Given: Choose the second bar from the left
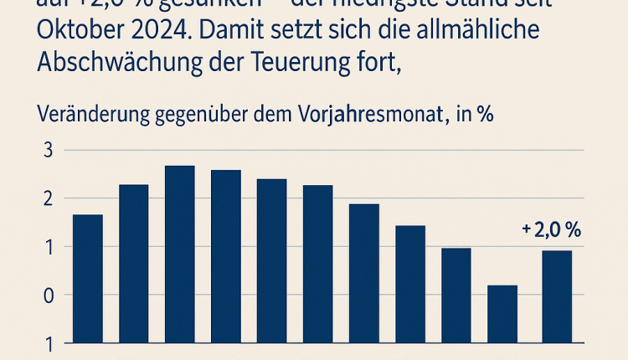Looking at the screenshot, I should (x=134, y=263).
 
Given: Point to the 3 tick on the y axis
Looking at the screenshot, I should (x=48, y=151).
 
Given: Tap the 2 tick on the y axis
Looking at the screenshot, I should (x=48, y=198).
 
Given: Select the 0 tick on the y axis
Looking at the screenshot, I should (x=48, y=296).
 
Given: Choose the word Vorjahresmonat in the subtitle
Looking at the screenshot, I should (x=370, y=116).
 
